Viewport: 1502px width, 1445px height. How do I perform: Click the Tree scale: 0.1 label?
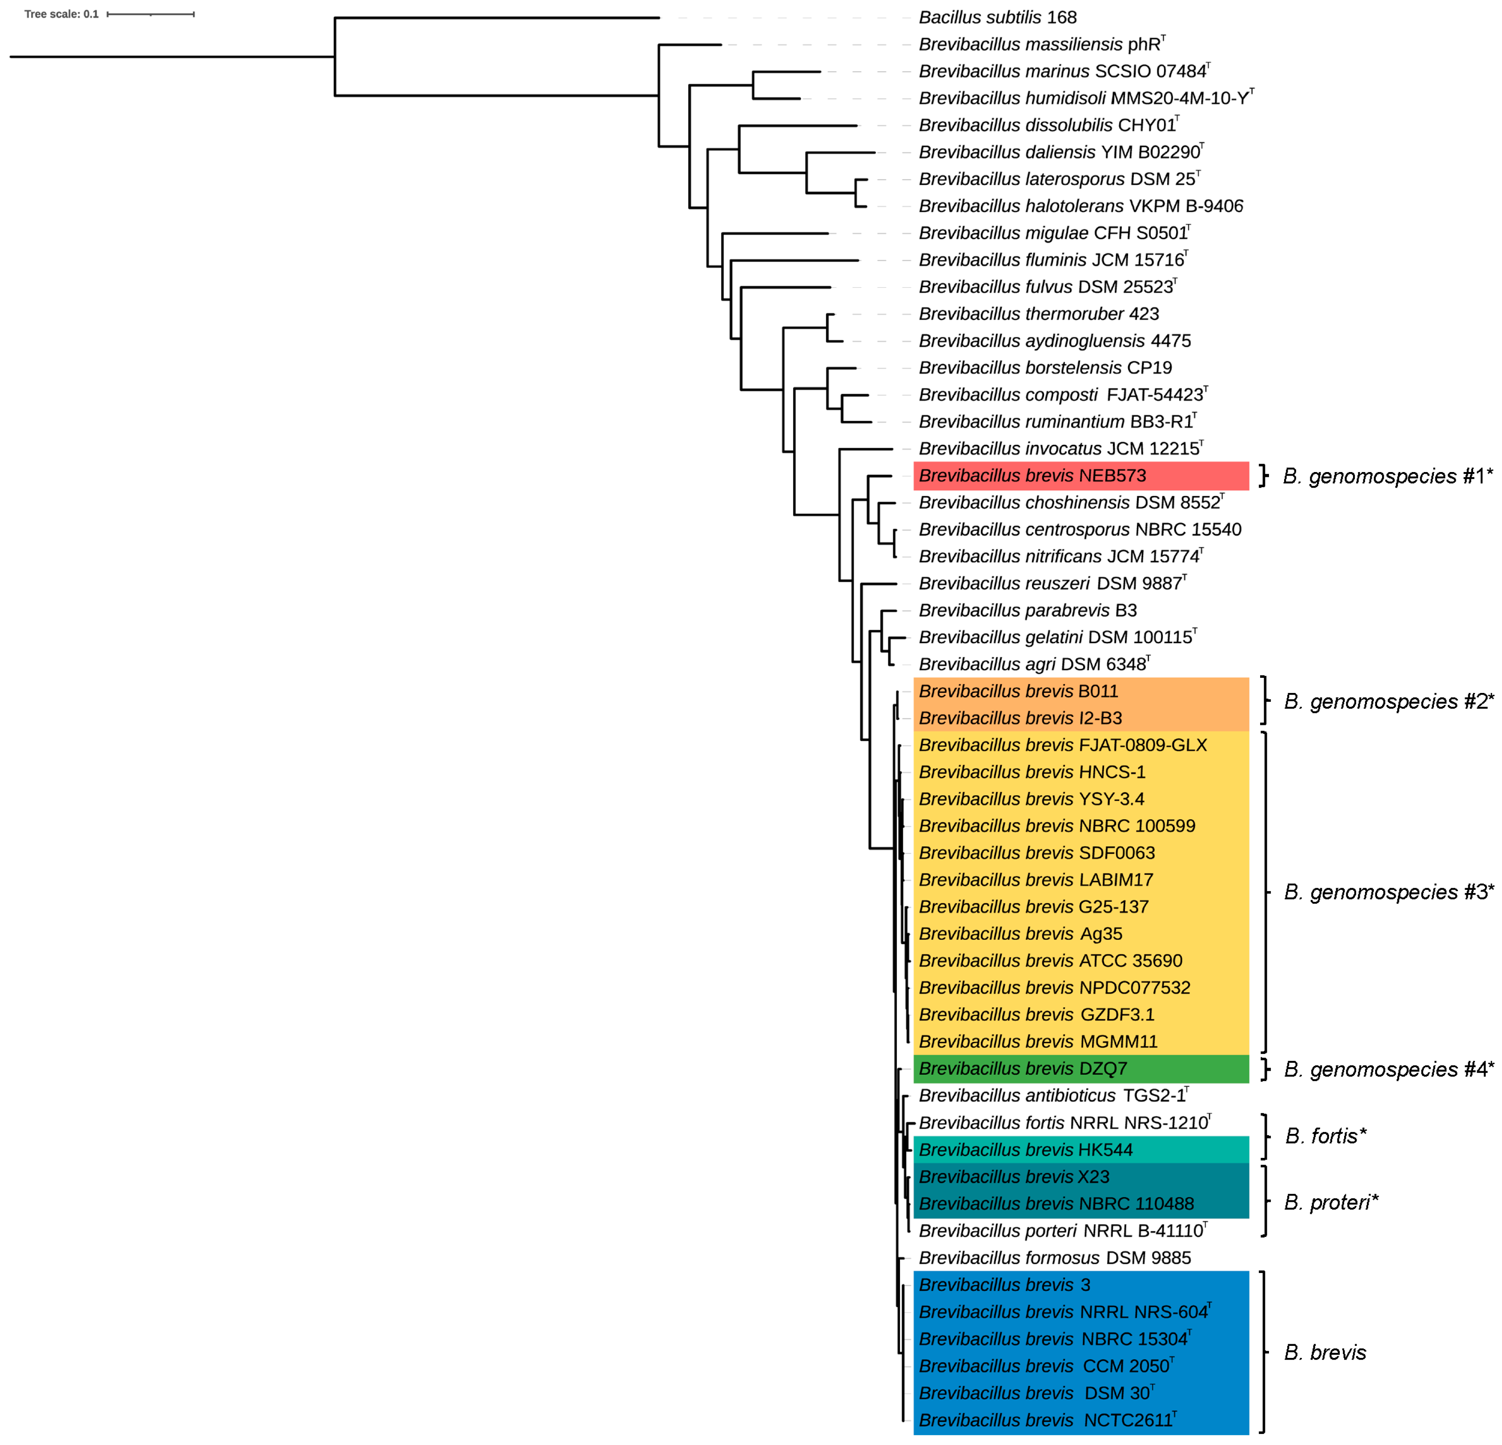click(61, 14)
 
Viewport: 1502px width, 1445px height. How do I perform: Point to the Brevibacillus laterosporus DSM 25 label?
click(1057, 179)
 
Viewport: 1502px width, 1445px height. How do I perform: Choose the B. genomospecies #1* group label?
click(1387, 476)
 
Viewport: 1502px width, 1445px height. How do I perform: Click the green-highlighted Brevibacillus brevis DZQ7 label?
click(1022, 1068)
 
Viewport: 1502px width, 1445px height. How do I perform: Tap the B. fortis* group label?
click(1326, 1136)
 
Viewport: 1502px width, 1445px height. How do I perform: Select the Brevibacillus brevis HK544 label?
click(1025, 1149)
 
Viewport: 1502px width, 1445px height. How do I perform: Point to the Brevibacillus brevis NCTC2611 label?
click(1046, 1420)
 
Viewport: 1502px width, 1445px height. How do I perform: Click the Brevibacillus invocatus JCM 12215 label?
click(1059, 448)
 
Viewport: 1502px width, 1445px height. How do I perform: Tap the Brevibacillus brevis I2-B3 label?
click(1020, 718)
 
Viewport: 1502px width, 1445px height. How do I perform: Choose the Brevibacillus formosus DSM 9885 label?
click(1054, 1257)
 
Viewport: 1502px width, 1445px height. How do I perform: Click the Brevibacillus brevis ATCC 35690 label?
click(1050, 960)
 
